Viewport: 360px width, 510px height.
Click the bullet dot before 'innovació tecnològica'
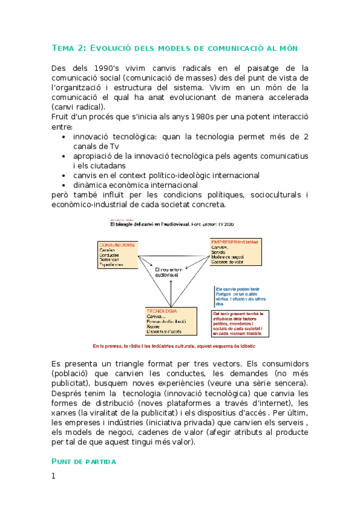(x=64, y=137)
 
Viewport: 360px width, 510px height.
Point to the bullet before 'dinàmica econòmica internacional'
(x=64, y=185)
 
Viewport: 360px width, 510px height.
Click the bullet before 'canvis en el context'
(x=64, y=176)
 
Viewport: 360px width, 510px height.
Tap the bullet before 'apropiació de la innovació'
(x=64, y=156)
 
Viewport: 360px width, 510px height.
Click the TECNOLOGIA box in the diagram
(x=171, y=321)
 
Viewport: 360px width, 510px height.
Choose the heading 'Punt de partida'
(x=84, y=461)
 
